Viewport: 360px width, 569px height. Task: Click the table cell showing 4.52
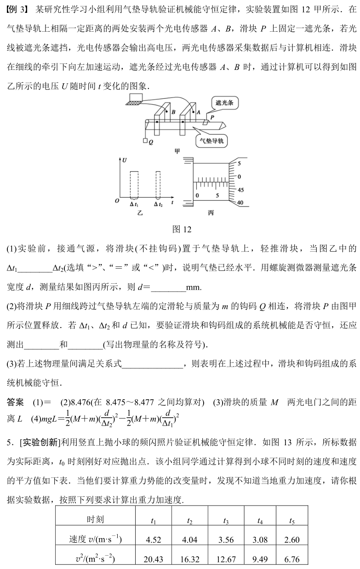pos(153,540)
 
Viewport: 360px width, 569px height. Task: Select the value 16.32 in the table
pos(189,559)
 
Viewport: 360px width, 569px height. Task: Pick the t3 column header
pos(226,521)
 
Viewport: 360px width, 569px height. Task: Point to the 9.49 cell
pos(260,559)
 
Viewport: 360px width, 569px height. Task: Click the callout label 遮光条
pos(225,103)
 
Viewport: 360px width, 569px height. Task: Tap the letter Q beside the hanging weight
pos(150,142)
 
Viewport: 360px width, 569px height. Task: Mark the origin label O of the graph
pos(117,201)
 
